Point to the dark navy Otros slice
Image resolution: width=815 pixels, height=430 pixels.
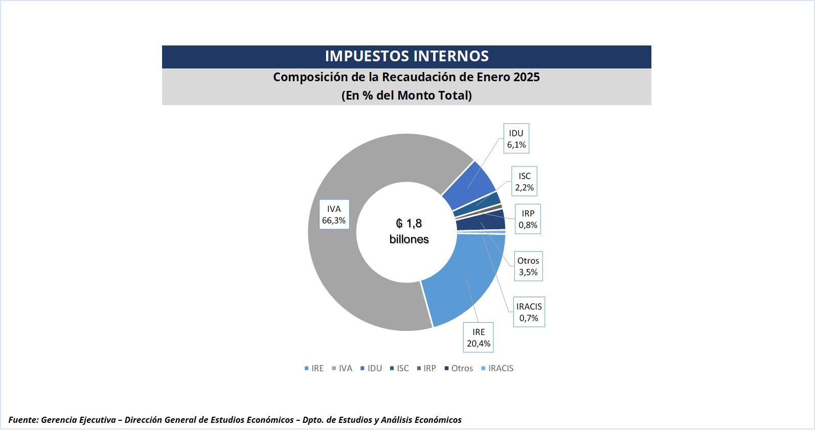481,220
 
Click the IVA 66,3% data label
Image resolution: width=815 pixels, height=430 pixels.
334,214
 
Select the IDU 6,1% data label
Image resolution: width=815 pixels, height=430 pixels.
516,138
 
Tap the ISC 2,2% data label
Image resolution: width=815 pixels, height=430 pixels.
524,181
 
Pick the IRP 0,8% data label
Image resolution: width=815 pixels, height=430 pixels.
528,219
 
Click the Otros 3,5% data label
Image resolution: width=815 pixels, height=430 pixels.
528,266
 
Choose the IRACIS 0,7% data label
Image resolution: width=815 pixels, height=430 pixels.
529,312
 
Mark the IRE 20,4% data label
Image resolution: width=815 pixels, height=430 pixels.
479,338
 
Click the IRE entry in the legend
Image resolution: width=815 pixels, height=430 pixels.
314,368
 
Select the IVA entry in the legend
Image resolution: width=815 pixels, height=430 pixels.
343,368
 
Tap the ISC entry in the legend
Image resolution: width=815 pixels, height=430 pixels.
400,368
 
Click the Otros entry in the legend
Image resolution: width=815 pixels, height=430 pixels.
459,368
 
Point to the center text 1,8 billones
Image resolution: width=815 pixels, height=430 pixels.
409,231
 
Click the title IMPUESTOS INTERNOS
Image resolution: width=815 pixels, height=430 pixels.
406,56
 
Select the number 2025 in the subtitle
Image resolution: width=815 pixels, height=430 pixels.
527,77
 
